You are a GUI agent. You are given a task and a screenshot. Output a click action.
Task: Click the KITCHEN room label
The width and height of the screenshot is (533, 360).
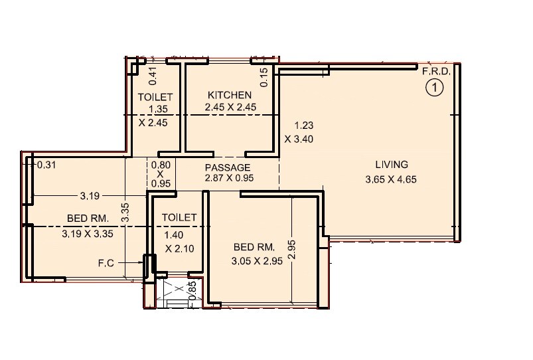coord(230,95)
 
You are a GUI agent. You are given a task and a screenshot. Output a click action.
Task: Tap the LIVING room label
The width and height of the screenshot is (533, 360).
coord(391,165)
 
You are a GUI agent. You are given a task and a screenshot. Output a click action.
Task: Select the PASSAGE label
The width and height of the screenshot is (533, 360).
coord(227,167)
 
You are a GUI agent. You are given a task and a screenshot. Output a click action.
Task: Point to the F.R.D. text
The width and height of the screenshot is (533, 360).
coord(436,70)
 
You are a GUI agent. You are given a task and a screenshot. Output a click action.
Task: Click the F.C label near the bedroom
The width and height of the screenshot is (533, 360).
coord(106,264)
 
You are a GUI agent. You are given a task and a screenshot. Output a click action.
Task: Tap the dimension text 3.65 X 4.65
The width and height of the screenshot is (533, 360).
coord(391,179)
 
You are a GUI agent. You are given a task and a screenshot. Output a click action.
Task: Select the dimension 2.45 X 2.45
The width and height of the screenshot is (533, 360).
coord(231,107)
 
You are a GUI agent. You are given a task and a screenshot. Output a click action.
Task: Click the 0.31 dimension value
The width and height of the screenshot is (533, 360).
coord(46,165)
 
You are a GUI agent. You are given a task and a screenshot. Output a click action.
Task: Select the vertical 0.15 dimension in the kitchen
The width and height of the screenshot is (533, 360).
coord(264,78)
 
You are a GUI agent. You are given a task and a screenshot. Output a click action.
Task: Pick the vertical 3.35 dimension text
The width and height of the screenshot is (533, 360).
coord(125,213)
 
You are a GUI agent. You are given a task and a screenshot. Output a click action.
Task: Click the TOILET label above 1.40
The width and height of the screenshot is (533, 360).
coord(179,217)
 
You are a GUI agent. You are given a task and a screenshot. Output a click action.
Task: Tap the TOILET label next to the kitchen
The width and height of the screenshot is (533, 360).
coord(155,98)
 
